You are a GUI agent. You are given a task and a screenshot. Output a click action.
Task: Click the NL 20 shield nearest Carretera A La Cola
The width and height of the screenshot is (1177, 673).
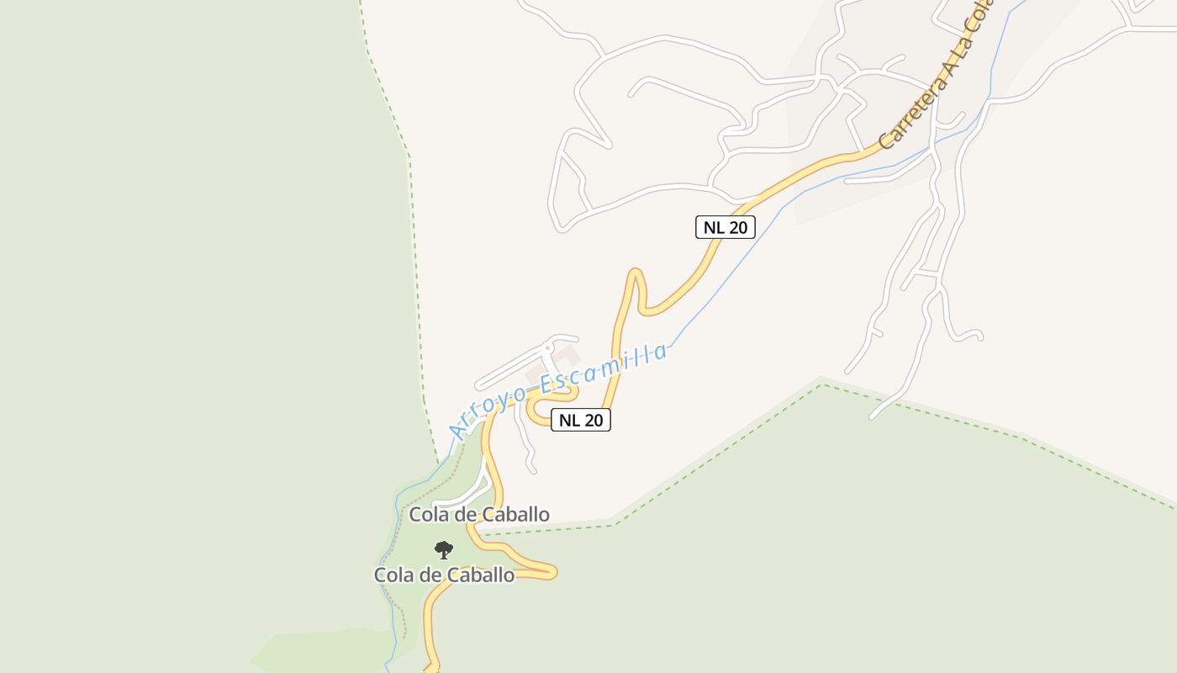click(x=725, y=227)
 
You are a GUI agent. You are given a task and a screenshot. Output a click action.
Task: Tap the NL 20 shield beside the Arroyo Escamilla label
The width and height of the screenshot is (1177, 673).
click(x=580, y=420)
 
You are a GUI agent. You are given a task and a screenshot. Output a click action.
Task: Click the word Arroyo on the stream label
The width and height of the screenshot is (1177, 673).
click(x=488, y=410)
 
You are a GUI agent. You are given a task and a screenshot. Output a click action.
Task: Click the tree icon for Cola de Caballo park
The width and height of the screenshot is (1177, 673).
click(x=444, y=551)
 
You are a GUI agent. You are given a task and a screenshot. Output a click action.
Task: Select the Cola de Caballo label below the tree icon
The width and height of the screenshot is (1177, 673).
click(x=444, y=575)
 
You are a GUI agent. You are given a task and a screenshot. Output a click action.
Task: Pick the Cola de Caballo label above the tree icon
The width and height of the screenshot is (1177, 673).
click(x=479, y=514)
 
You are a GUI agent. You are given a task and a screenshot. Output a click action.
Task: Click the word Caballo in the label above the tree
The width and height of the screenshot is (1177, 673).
click(x=515, y=514)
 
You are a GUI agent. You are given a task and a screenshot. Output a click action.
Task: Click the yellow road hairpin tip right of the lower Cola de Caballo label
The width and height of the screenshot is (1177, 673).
click(x=552, y=572)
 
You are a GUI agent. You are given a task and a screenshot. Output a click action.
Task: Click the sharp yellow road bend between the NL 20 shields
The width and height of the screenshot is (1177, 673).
click(x=636, y=274)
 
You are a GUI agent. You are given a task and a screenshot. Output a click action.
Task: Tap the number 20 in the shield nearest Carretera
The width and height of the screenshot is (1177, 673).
click(x=737, y=227)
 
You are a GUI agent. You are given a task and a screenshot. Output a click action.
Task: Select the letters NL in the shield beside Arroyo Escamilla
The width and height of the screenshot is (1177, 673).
click(x=568, y=420)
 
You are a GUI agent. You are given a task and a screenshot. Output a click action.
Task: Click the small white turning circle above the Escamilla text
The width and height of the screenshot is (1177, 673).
click(x=552, y=343)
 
